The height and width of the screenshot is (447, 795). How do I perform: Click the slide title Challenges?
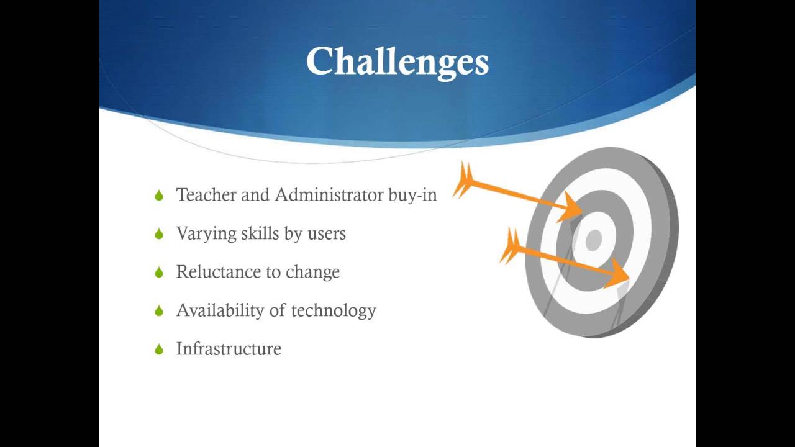tap(397, 62)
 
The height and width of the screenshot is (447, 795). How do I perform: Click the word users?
tap(326, 234)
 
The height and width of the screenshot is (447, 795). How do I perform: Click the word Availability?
tap(222, 310)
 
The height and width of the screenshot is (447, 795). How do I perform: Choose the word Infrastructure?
tap(229, 349)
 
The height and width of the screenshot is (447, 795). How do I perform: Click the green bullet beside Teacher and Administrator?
tap(159, 196)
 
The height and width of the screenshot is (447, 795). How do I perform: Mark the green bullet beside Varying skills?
tap(159, 234)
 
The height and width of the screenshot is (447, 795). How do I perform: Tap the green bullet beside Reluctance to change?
tap(159, 273)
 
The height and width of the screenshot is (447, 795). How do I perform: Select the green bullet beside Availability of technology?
tap(159, 311)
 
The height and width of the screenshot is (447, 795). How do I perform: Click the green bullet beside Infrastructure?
tap(159, 350)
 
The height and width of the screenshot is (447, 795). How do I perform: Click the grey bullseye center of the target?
tap(594, 240)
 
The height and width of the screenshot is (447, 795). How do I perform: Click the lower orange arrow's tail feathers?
tap(511, 246)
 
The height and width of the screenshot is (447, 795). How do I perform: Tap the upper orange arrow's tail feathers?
tap(464, 180)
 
